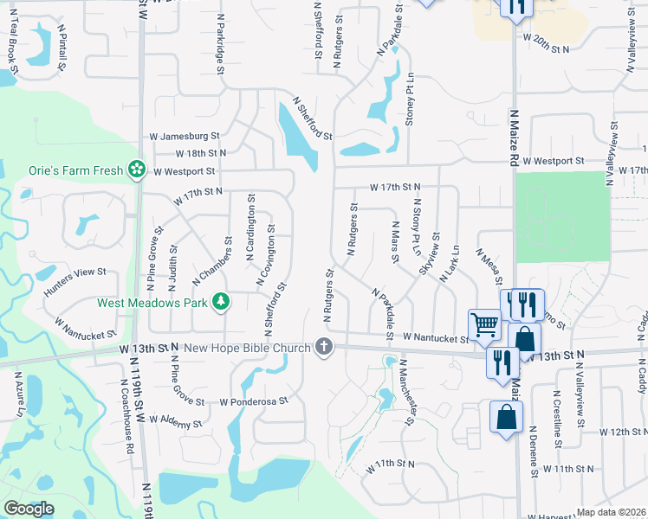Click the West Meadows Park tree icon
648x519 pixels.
223,301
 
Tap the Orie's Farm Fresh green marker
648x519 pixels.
136,170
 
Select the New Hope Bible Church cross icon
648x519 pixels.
324,347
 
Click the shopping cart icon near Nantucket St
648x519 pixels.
485,325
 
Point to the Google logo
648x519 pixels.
29,509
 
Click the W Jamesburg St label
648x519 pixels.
185,137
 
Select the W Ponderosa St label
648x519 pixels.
252,402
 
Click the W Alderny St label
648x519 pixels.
175,421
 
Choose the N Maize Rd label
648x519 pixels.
513,138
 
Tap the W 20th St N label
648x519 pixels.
545,43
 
